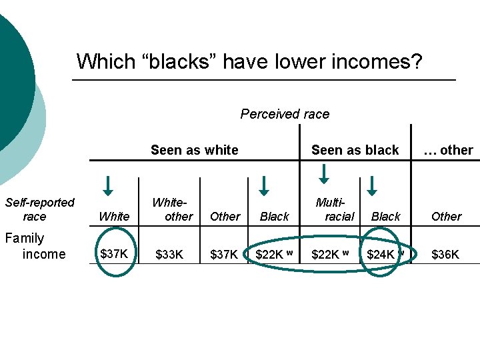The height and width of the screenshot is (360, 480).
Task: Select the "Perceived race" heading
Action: tap(285, 114)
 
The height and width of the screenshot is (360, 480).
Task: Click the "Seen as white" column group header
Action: tap(194, 150)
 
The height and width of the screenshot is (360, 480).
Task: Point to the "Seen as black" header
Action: tap(355, 150)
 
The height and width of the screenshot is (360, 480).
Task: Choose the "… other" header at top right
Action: tap(448, 150)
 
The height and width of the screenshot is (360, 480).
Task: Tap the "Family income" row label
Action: tap(34, 246)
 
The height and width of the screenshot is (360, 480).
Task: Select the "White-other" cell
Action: tap(171, 209)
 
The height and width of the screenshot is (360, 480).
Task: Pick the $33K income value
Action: tap(169, 254)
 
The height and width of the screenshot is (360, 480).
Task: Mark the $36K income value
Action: tap(446, 254)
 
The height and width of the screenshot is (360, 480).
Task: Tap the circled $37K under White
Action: tap(114, 253)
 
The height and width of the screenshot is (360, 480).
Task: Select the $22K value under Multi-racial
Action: tap(328, 254)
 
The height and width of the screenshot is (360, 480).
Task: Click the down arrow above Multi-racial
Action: tap(324, 172)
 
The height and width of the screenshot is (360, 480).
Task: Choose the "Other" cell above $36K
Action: tap(446, 217)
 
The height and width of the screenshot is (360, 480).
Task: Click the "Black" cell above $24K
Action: tap(385, 217)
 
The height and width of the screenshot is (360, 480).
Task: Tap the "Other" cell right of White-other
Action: tap(225, 217)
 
